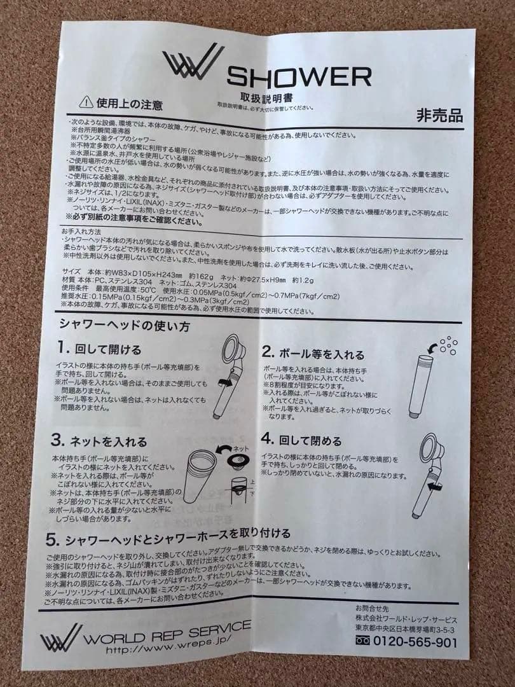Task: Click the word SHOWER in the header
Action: [299, 77]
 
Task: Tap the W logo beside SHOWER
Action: [193, 62]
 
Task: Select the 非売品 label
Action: [439, 116]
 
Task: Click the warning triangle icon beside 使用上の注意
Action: [86, 102]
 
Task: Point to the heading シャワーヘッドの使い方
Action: [116, 324]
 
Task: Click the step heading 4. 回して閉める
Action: [302, 440]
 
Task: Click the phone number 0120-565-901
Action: [413, 642]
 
